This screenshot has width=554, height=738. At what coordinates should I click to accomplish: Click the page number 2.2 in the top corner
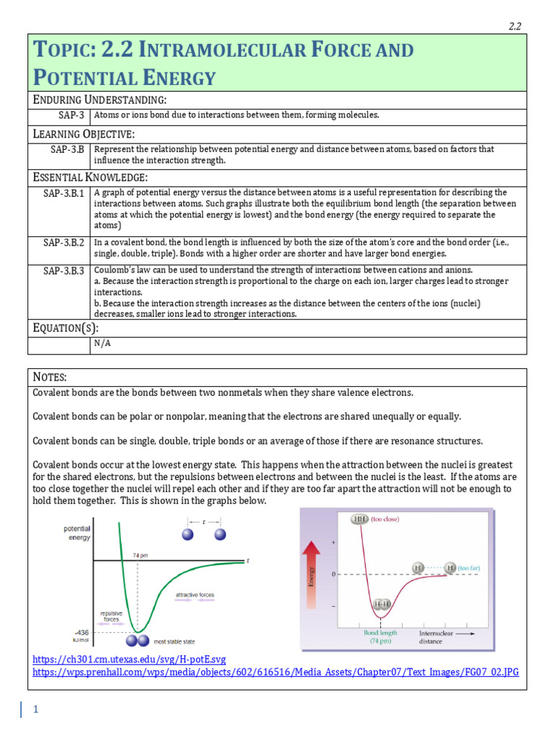[x=514, y=27]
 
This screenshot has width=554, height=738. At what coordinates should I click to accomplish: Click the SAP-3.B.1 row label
[x=63, y=193]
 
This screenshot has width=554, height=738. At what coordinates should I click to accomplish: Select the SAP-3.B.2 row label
[x=63, y=243]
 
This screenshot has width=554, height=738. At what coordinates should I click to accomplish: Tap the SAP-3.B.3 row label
[x=63, y=270]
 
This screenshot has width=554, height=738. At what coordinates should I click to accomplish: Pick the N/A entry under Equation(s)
[x=102, y=344]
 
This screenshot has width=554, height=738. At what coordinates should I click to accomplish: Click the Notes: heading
[x=50, y=377]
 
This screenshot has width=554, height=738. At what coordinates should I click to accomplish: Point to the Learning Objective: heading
[x=83, y=134]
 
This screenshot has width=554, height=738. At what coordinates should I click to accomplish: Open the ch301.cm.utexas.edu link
[x=129, y=659]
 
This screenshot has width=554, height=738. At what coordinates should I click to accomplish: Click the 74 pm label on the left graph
[x=140, y=555]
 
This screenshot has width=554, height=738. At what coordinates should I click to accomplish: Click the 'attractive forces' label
[x=195, y=595]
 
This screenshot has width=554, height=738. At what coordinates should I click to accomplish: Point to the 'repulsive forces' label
[x=111, y=615]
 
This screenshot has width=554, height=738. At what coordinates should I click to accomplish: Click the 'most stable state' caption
[x=172, y=641]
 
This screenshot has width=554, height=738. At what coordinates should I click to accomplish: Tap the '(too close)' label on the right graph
[x=385, y=518]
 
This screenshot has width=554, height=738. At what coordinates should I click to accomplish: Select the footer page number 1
[x=35, y=710]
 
